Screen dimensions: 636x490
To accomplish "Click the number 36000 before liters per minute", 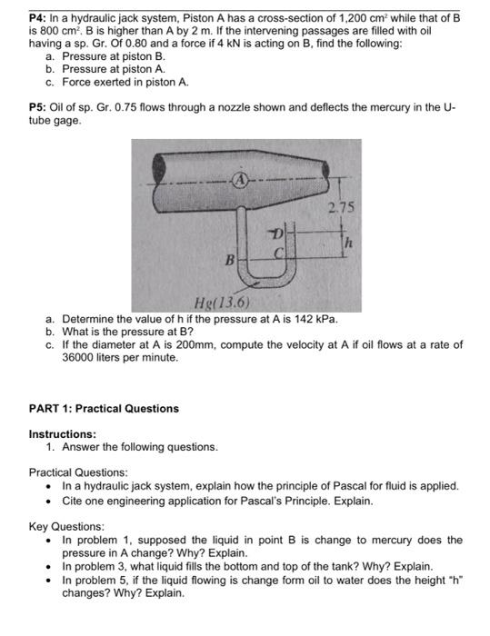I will (x=80, y=358).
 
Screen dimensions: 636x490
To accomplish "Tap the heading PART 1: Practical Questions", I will (x=104, y=409).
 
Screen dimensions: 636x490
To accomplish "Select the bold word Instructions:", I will (x=63, y=434).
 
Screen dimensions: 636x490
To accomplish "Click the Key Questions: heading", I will (x=66, y=526).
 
